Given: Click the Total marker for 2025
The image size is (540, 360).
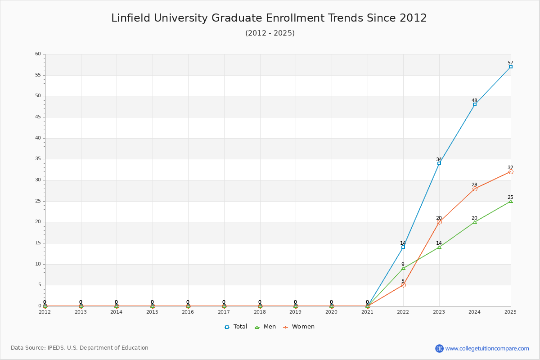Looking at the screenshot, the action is [511, 67].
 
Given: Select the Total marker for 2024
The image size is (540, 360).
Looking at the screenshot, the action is [475, 105].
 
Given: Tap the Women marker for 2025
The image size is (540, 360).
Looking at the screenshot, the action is [511, 172].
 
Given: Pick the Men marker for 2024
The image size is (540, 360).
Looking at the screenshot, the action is [475, 222].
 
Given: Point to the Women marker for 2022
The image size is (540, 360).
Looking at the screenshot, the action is [403, 285].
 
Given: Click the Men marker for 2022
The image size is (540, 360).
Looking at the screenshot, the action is [403, 268].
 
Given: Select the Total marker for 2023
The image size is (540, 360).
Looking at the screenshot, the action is [439, 163].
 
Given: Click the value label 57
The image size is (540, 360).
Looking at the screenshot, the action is [510, 63].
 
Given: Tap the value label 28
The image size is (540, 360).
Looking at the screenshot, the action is [474, 184].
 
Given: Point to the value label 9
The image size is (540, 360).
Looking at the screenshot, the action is [403, 264].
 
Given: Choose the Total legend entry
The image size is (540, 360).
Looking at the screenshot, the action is [236, 327].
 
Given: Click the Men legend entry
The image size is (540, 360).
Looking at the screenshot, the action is [265, 327].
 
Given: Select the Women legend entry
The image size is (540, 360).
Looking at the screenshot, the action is [299, 327].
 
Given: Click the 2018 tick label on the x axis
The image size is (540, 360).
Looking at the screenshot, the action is [260, 312].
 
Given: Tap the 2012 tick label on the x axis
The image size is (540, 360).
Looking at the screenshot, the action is [45, 312].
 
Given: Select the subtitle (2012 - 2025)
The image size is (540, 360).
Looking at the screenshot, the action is [270, 33].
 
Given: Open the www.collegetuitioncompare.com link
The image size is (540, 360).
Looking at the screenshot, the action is [487, 348].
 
